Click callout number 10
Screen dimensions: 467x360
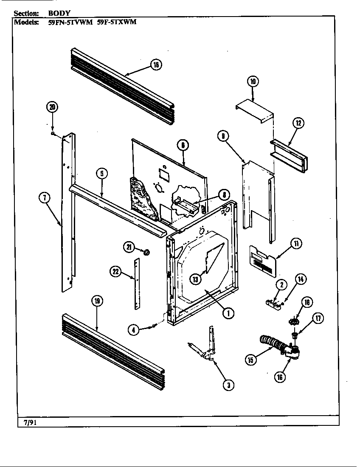tap(253, 81)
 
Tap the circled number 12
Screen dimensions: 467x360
tap(298, 123)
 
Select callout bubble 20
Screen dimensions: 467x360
tap(52, 107)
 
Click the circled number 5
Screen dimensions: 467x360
tap(101, 174)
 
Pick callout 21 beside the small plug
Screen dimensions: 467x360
tap(129, 246)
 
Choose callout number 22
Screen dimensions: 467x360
tap(115, 272)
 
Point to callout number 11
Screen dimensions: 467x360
tap(295, 243)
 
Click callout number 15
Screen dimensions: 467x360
tap(251, 360)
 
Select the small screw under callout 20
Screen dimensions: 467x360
tap(52, 133)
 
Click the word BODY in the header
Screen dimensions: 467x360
tap(59, 13)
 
